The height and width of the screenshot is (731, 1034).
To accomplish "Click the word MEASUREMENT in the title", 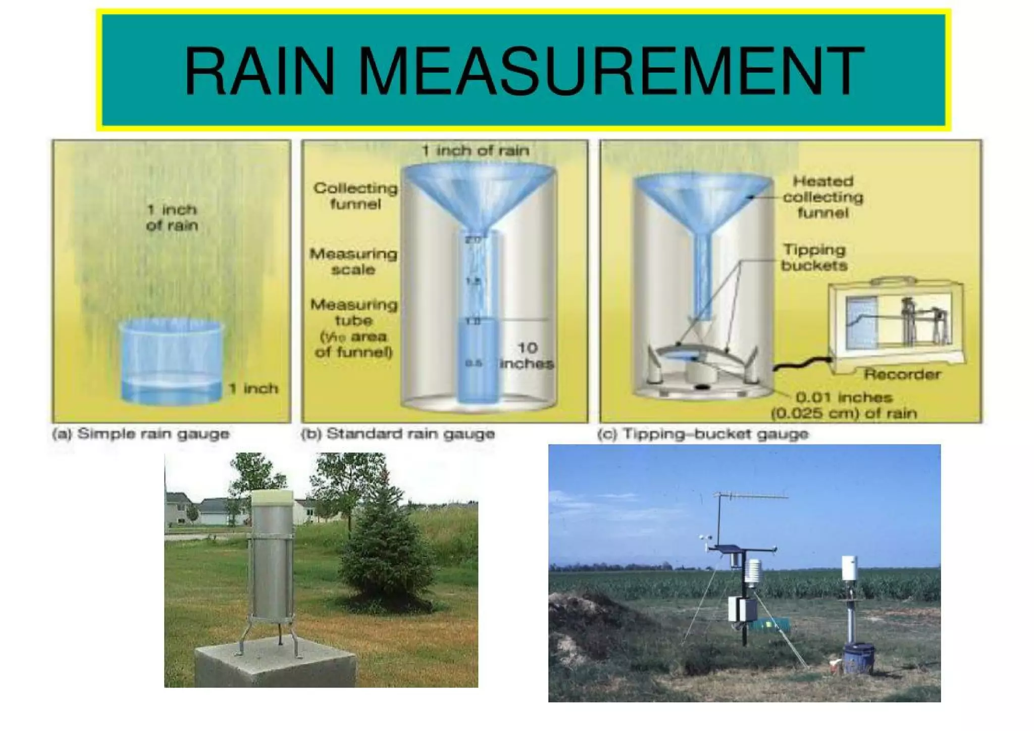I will click(x=610, y=71).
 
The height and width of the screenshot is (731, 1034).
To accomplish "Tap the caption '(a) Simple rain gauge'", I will click(x=141, y=434).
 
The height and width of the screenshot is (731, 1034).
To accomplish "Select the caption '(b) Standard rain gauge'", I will click(x=398, y=434).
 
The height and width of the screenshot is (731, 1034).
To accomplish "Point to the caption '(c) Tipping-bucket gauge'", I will click(x=703, y=434).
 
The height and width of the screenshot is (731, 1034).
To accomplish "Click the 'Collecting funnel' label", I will click(x=355, y=196).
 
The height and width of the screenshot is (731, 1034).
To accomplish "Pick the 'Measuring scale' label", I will click(x=353, y=261).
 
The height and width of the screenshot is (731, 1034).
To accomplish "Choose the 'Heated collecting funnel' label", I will click(x=822, y=197).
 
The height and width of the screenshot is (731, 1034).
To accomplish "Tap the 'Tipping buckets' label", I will click(x=814, y=257).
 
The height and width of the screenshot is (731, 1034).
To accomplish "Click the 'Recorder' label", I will click(x=902, y=374).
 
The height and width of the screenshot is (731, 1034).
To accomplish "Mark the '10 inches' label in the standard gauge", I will click(x=527, y=356).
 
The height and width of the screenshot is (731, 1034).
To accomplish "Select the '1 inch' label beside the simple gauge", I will click(x=253, y=388).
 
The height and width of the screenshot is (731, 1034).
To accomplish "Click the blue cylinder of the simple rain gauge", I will click(x=172, y=361).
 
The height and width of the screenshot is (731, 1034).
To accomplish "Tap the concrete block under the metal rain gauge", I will click(x=275, y=667).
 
